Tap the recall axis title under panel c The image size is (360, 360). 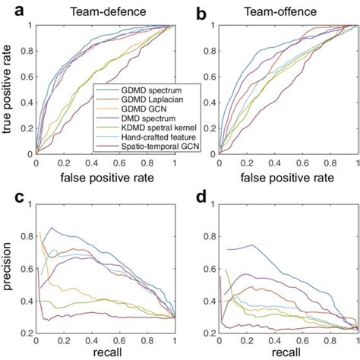point(105,353)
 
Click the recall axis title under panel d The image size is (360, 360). point(289,353)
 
